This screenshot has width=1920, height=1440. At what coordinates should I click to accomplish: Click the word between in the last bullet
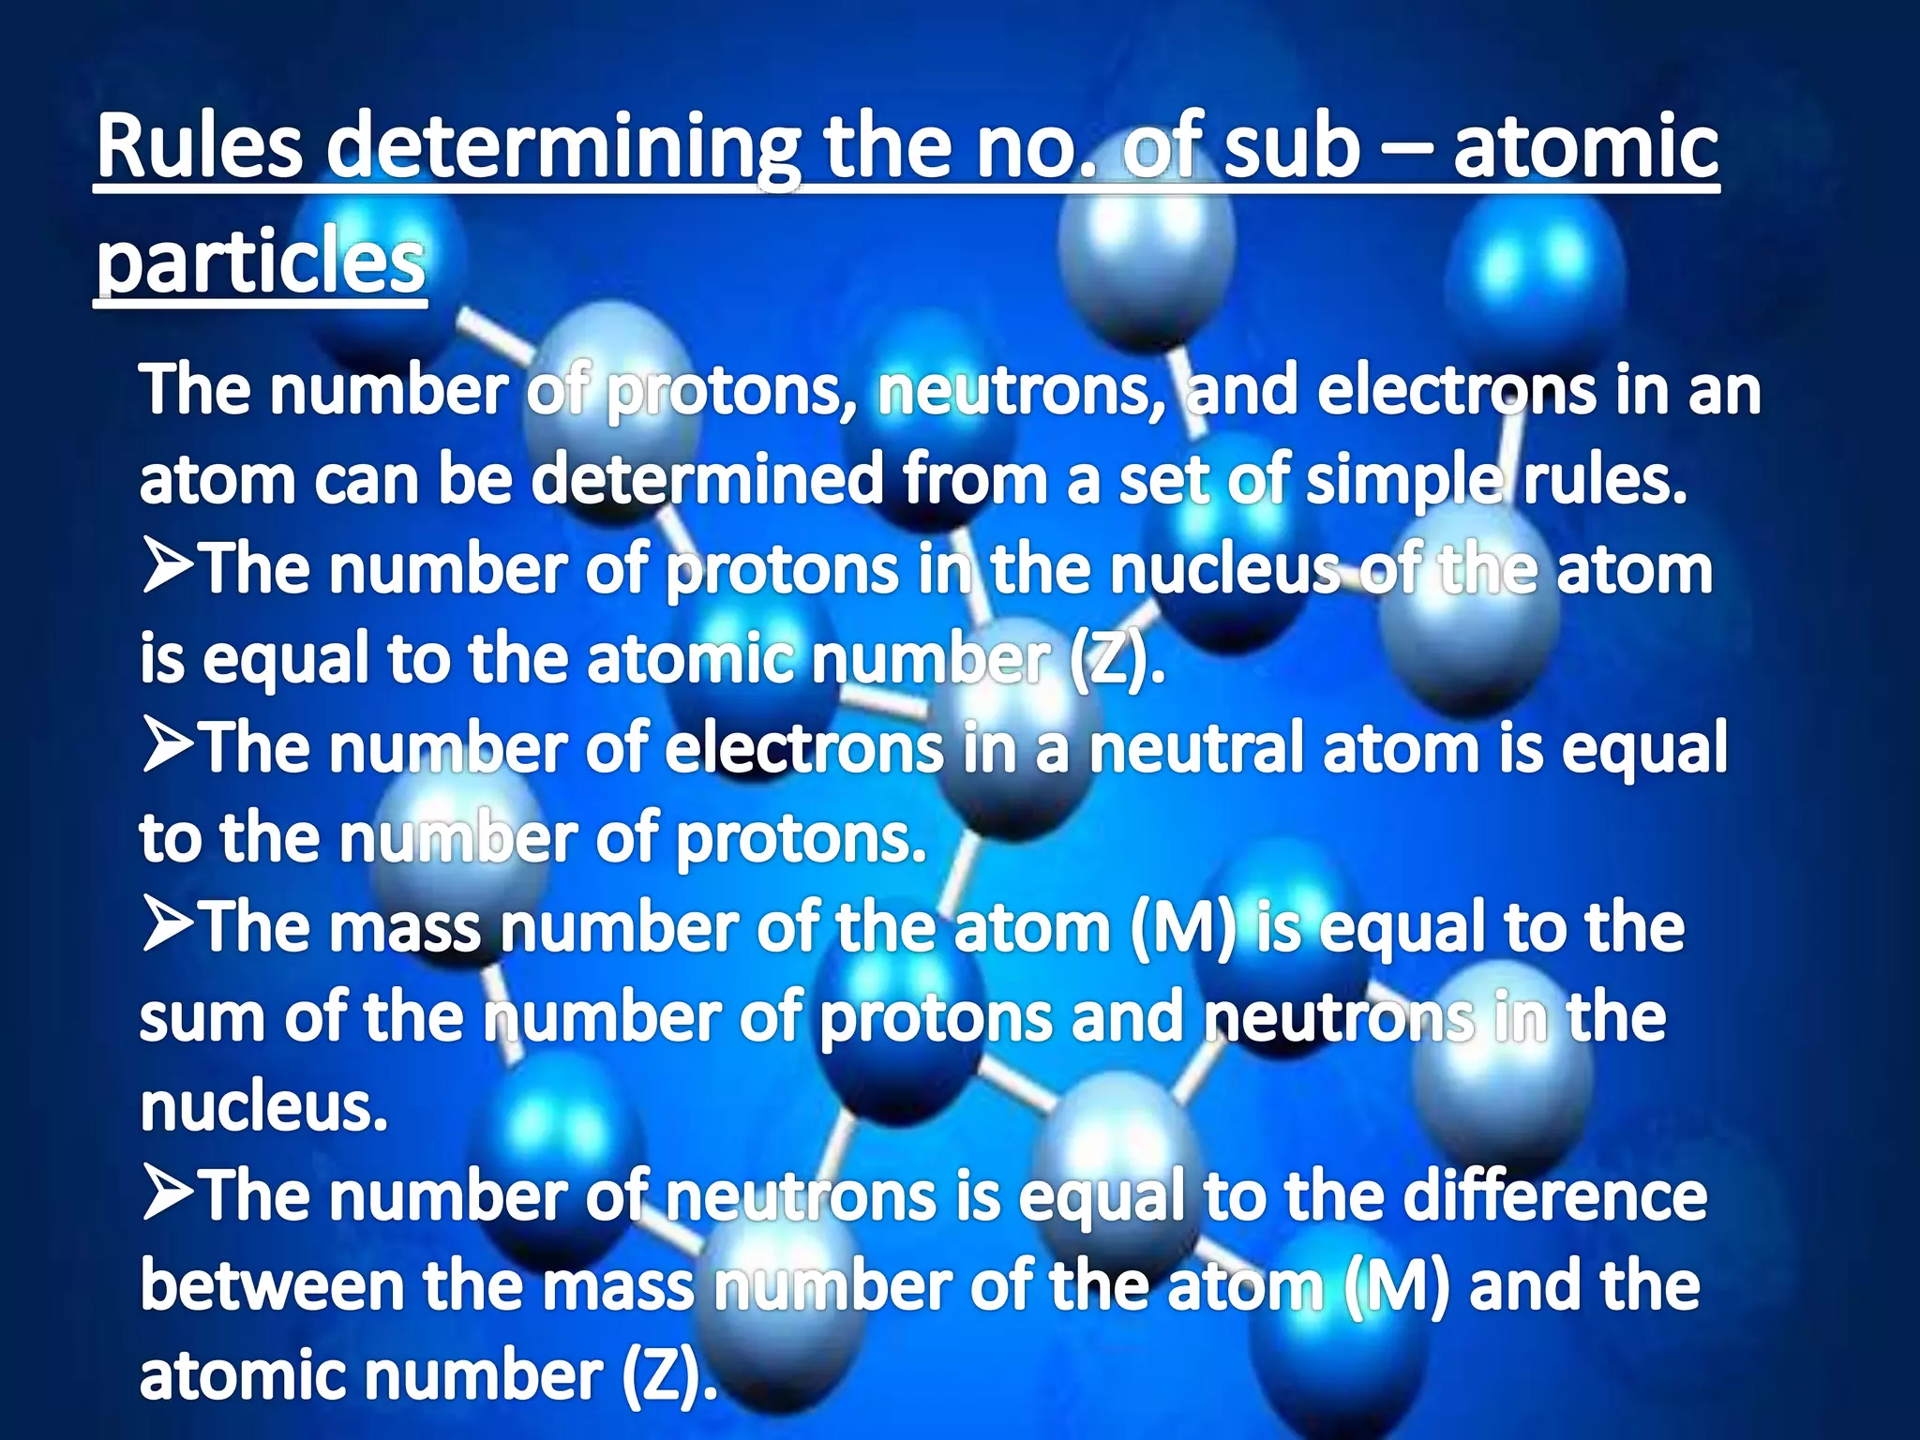click(272, 1286)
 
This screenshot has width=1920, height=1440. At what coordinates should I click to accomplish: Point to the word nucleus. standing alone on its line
click(263, 1107)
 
